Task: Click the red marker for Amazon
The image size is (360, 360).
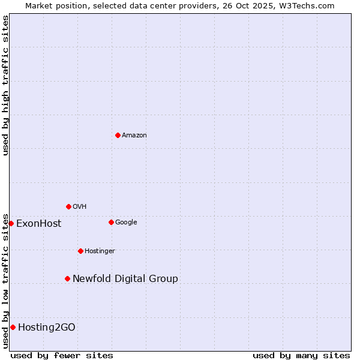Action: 118,135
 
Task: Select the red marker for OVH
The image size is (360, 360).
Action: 68,206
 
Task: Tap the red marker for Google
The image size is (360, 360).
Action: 111,222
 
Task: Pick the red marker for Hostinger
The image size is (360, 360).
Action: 80,251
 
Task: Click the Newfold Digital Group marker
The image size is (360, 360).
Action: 67,278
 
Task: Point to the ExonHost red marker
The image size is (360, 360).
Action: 11,223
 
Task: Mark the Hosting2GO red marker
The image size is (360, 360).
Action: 13,327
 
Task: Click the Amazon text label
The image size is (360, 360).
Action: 134,136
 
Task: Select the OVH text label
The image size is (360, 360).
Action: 80,207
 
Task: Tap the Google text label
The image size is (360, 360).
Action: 126,223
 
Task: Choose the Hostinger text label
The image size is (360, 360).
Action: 100,251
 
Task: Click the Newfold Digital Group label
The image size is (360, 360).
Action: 125,279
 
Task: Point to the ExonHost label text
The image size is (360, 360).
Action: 39,224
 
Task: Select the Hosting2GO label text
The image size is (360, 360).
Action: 47,328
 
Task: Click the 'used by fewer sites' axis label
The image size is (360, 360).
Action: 62,355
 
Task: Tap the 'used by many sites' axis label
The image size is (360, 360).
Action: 301,355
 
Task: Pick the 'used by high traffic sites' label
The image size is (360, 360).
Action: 5,85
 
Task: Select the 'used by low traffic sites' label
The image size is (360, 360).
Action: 5,281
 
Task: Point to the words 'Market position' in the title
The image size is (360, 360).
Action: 53,5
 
